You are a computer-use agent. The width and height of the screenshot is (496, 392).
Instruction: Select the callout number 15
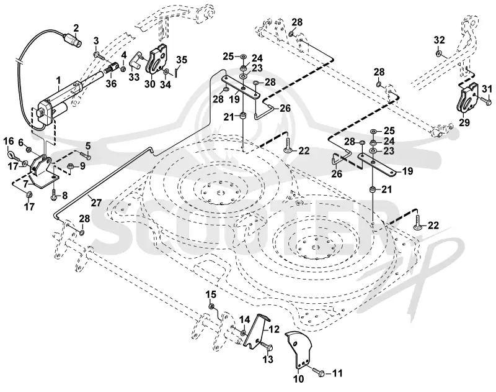click(211, 294)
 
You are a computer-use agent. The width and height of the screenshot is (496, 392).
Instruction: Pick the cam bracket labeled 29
click(466, 97)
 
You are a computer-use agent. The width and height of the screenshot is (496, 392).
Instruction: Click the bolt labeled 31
click(485, 101)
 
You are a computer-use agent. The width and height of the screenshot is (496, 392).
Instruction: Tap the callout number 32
click(439, 40)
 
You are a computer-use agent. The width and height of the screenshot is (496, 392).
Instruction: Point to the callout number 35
click(182, 60)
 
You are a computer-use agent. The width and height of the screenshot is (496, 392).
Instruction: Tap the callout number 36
click(111, 83)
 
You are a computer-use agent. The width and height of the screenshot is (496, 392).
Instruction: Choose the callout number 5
click(87, 146)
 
